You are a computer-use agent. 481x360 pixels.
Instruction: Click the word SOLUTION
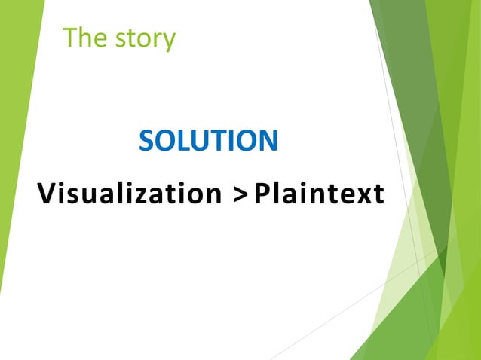click(x=208, y=141)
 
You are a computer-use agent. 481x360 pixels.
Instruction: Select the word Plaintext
click(x=319, y=194)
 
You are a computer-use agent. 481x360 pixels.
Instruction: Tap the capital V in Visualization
click(x=47, y=194)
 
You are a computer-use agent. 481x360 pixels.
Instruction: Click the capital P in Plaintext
click(x=262, y=194)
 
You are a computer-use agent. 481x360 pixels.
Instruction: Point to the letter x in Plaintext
click(x=359, y=196)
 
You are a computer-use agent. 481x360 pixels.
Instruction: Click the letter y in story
click(x=169, y=41)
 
